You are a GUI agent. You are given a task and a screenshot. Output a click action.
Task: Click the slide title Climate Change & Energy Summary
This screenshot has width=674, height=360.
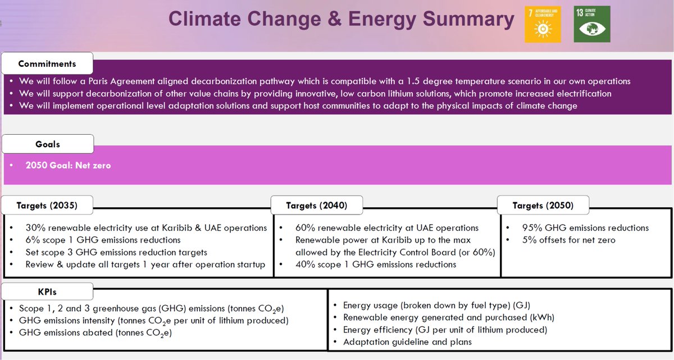point(341,19)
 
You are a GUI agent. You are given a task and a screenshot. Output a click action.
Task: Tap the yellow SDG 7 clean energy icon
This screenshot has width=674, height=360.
point(543,24)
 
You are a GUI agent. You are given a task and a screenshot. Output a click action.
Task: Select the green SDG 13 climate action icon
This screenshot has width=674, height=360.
point(591,24)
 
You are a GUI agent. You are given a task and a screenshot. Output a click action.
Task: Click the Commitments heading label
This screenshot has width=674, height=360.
point(47,63)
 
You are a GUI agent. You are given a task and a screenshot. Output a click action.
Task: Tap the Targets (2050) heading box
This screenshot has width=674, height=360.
point(543,206)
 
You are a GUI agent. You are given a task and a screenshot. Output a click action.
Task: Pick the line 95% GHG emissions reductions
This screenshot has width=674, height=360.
point(577,228)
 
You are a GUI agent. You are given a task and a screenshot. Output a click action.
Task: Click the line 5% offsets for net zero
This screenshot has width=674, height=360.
point(561,240)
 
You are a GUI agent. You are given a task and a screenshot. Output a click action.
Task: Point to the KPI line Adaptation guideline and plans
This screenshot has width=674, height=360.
point(407,341)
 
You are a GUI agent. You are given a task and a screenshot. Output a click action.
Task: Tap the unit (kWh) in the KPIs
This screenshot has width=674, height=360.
point(523,317)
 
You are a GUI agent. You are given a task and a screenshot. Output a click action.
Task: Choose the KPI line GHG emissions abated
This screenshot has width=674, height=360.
point(95,333)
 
